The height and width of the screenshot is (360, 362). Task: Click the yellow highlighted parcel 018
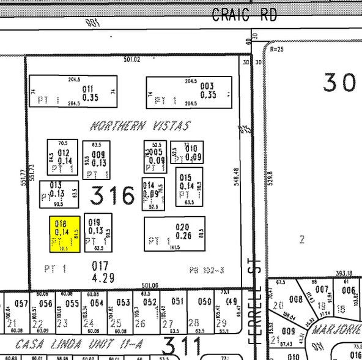point(64,234)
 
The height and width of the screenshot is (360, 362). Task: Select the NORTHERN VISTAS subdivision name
point(141,126)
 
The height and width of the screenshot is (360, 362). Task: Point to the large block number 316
point(113,196)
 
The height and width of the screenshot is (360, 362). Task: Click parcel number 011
point(89,88)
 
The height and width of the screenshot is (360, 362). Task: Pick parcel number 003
point(207,87)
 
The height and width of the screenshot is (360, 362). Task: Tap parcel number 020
point(182,228)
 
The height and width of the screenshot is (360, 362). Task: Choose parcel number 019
point(95,223)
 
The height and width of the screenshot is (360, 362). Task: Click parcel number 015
point(187,178)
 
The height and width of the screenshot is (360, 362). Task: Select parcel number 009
point(98,155)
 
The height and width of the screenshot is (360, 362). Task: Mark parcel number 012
point(64,153)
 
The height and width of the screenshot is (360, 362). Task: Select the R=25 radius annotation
point(277,49)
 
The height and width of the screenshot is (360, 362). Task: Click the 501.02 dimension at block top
point(132,59)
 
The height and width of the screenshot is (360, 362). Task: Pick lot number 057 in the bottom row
point(21,304)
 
